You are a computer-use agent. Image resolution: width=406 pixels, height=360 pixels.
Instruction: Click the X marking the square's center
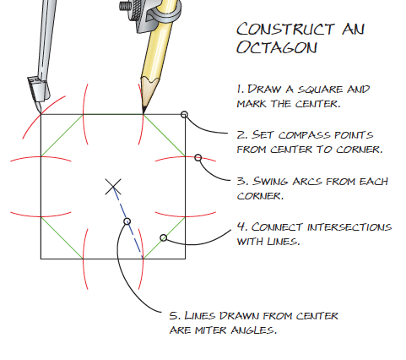pyautogui.click(x=113, y=187)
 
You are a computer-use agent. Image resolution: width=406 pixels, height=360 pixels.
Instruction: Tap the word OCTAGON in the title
pyautogui.click(x=277, y=47)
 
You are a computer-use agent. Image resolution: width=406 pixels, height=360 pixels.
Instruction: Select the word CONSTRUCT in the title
pyautogui.click(x=285, y=29)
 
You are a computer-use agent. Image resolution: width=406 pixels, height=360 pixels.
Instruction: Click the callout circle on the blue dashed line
pyautogui.click(x=127, y=221)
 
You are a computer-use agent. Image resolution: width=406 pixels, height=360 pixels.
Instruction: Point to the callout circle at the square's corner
pyautogui.click(x=184, y=114)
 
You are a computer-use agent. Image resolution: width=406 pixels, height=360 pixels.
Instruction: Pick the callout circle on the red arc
pyautogui.click(x=198, y=158)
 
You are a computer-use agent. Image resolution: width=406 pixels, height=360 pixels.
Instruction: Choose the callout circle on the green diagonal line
pyautogui.click(x=164, y=238)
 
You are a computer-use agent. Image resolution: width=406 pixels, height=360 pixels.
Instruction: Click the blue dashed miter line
pyautogui.click(x=128, y=222)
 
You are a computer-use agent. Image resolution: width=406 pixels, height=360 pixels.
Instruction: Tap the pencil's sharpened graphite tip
pyautogui.click(x=144, y=111)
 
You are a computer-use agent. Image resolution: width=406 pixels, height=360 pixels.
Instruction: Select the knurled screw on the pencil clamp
pyautogui.click(x=127, y=6)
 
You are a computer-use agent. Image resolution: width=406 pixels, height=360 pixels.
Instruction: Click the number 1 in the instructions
pyautogui.click(x=240, y=89)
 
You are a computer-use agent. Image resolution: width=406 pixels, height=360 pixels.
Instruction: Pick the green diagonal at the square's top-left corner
pyautogui.click(x=62, y=135)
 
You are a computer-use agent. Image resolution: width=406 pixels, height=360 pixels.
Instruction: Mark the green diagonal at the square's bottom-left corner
pyautogui.click(x=62, y=237)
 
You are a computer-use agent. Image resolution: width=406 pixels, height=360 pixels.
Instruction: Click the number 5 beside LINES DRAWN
pyautogui.click(x=174, y=315)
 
